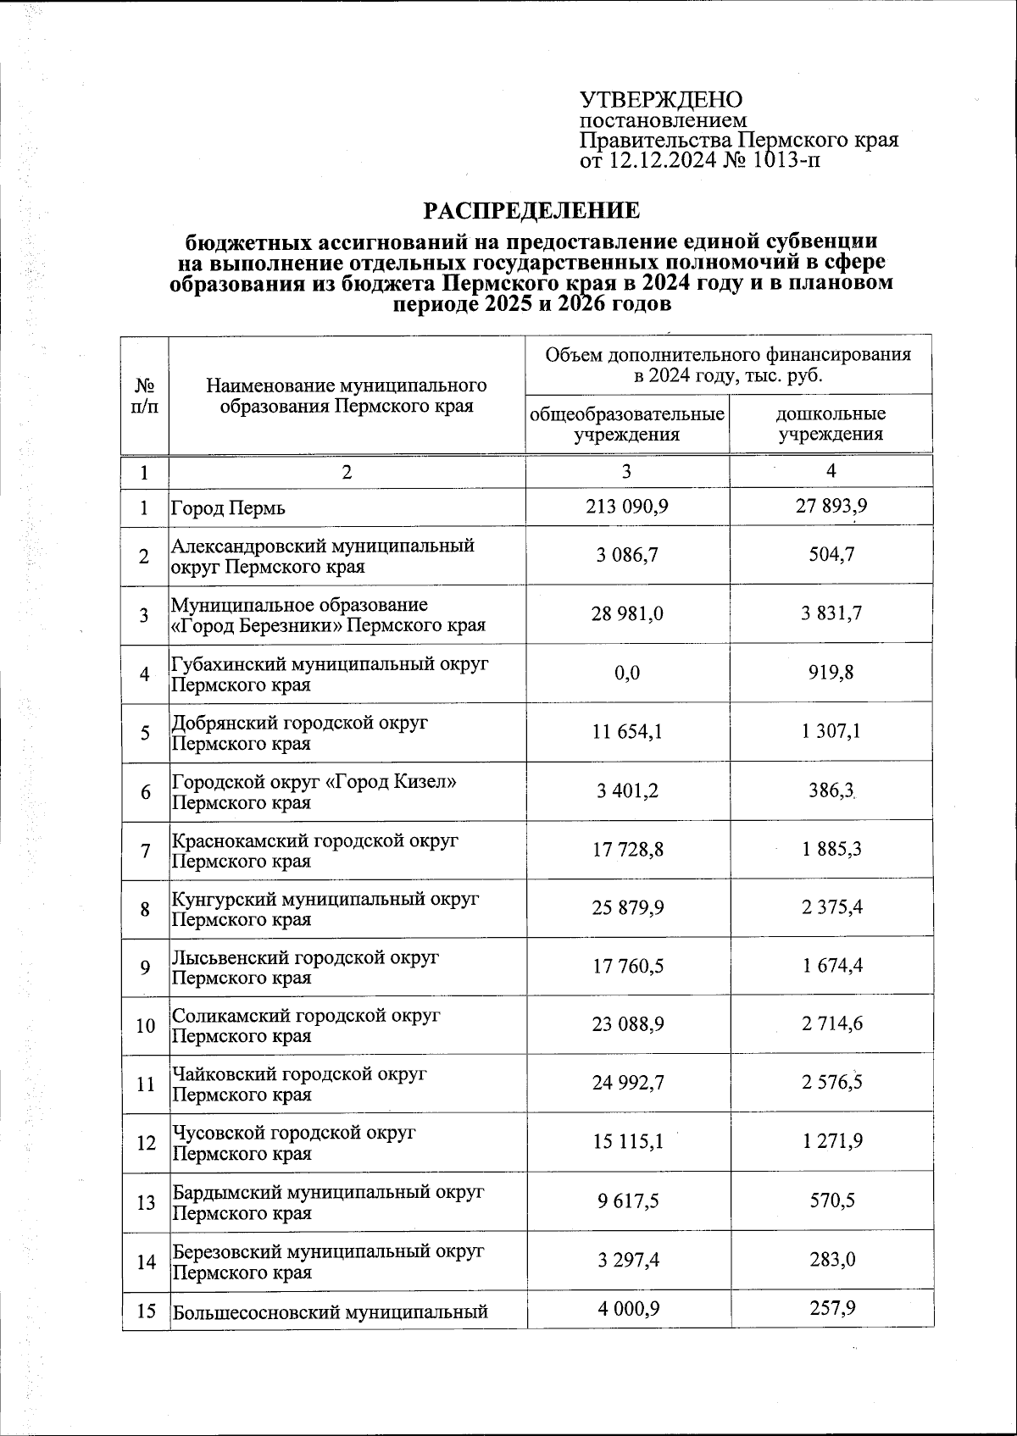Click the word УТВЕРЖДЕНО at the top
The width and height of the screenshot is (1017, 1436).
pyautogui.click(x=660, y=100)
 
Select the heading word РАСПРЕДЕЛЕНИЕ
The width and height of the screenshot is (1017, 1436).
pyautogui.click(x=531, y=210)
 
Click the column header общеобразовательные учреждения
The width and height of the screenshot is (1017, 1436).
pyautogui.click(x=627, y=424)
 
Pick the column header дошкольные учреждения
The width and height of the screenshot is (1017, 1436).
pyautogui.click(x=831, y=424)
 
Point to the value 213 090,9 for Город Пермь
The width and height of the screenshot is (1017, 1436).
pyautogui.click(x=626, y=507)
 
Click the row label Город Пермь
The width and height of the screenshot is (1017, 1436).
pyautogui.click(x=229, y=508)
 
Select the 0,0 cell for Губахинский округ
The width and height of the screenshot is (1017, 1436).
pyautogui.click(x=627, y=673)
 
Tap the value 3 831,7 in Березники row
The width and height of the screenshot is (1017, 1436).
pyautogui.click(x=831, y=613)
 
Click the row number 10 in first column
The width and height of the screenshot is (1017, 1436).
pyautogui.click(x=145, y=1025)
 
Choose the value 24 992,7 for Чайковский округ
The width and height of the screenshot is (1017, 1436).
pyautogui.click(x=628, y=1082)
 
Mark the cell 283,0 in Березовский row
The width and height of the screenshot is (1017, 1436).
pyautogui.click(x=831, y=1260)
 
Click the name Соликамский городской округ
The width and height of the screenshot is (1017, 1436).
pyautogui.click(x=306, y=1016)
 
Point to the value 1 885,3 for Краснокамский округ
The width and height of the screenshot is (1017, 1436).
pyautogui.click(x=831, y=848)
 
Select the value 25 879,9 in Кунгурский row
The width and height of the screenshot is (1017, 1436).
pyautogui.click(x=628, y=907)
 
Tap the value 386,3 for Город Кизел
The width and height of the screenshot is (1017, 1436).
pyautogui.click(x=831, y=791)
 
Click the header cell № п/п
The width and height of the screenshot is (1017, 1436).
pyautogui.click(x=145, y=396)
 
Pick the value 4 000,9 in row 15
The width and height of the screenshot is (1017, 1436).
pyautogui.click(x=628, y=1309)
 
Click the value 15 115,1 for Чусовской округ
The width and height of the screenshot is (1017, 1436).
pyautogui.click(x=628, y=1141)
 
